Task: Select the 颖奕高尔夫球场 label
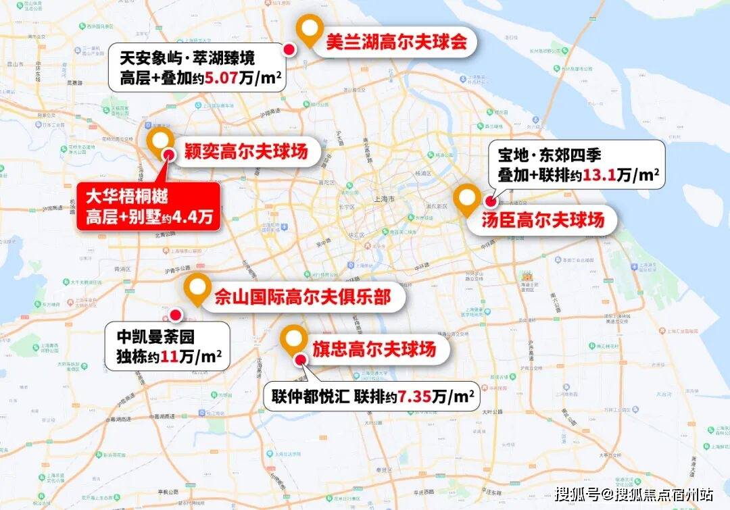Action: pyautogui.click(x=245, y=151)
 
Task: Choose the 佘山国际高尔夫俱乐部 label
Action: pyautogui.click(x=301, y=297)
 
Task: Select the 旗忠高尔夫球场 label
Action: pyautogui.click(x=372, y=349)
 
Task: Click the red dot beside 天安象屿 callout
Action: pyautogui.click(x=289, y=49)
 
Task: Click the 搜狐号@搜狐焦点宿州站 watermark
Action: pyautogui.click(x=633, y=494)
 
